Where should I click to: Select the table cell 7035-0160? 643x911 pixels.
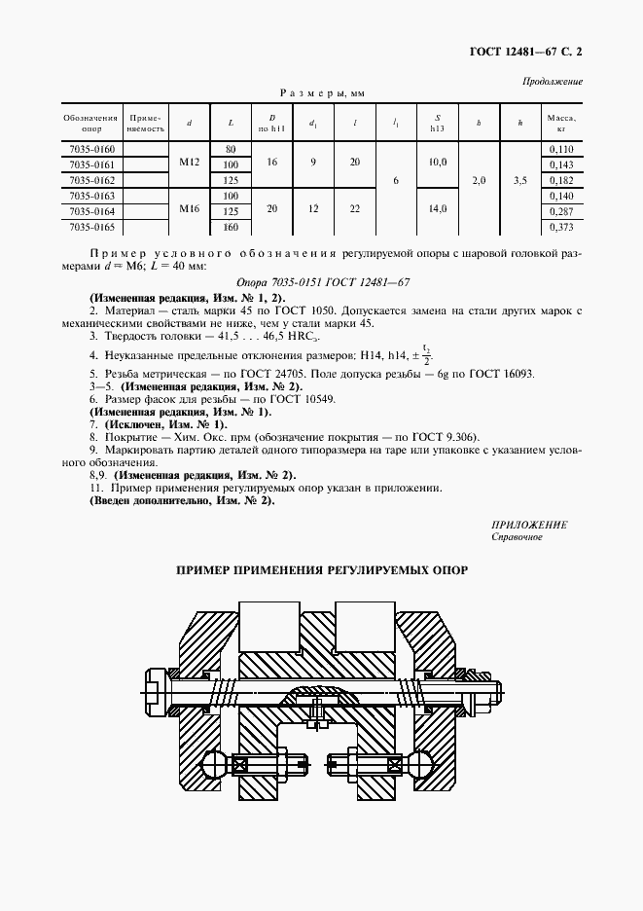[x=91, y=149]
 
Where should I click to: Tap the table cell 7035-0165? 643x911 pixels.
[x=91, y=227]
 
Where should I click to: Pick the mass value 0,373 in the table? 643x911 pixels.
[x=561, y=227]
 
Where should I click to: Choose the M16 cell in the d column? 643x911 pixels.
[x=189, y=210]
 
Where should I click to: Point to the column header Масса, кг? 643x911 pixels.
[x=561, y=122]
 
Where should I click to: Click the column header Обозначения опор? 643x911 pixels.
[x=91, y=122]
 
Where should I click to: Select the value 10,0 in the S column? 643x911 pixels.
[x=437, y=163]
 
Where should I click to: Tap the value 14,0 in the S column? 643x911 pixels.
[x=437, y=208]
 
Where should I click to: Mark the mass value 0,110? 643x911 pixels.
[x=561, y=149]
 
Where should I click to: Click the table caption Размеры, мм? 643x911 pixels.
[x=321, y=92]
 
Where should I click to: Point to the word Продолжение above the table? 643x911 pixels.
[x=553, y=82]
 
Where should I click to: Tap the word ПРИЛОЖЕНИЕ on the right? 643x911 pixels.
[x=529, y=525]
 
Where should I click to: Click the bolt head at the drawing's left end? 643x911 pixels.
[x=159, y=690]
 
